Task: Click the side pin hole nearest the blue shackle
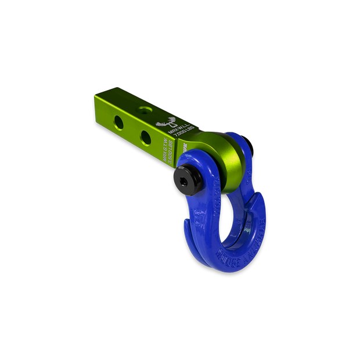146,137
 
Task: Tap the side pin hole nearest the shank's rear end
120,122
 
